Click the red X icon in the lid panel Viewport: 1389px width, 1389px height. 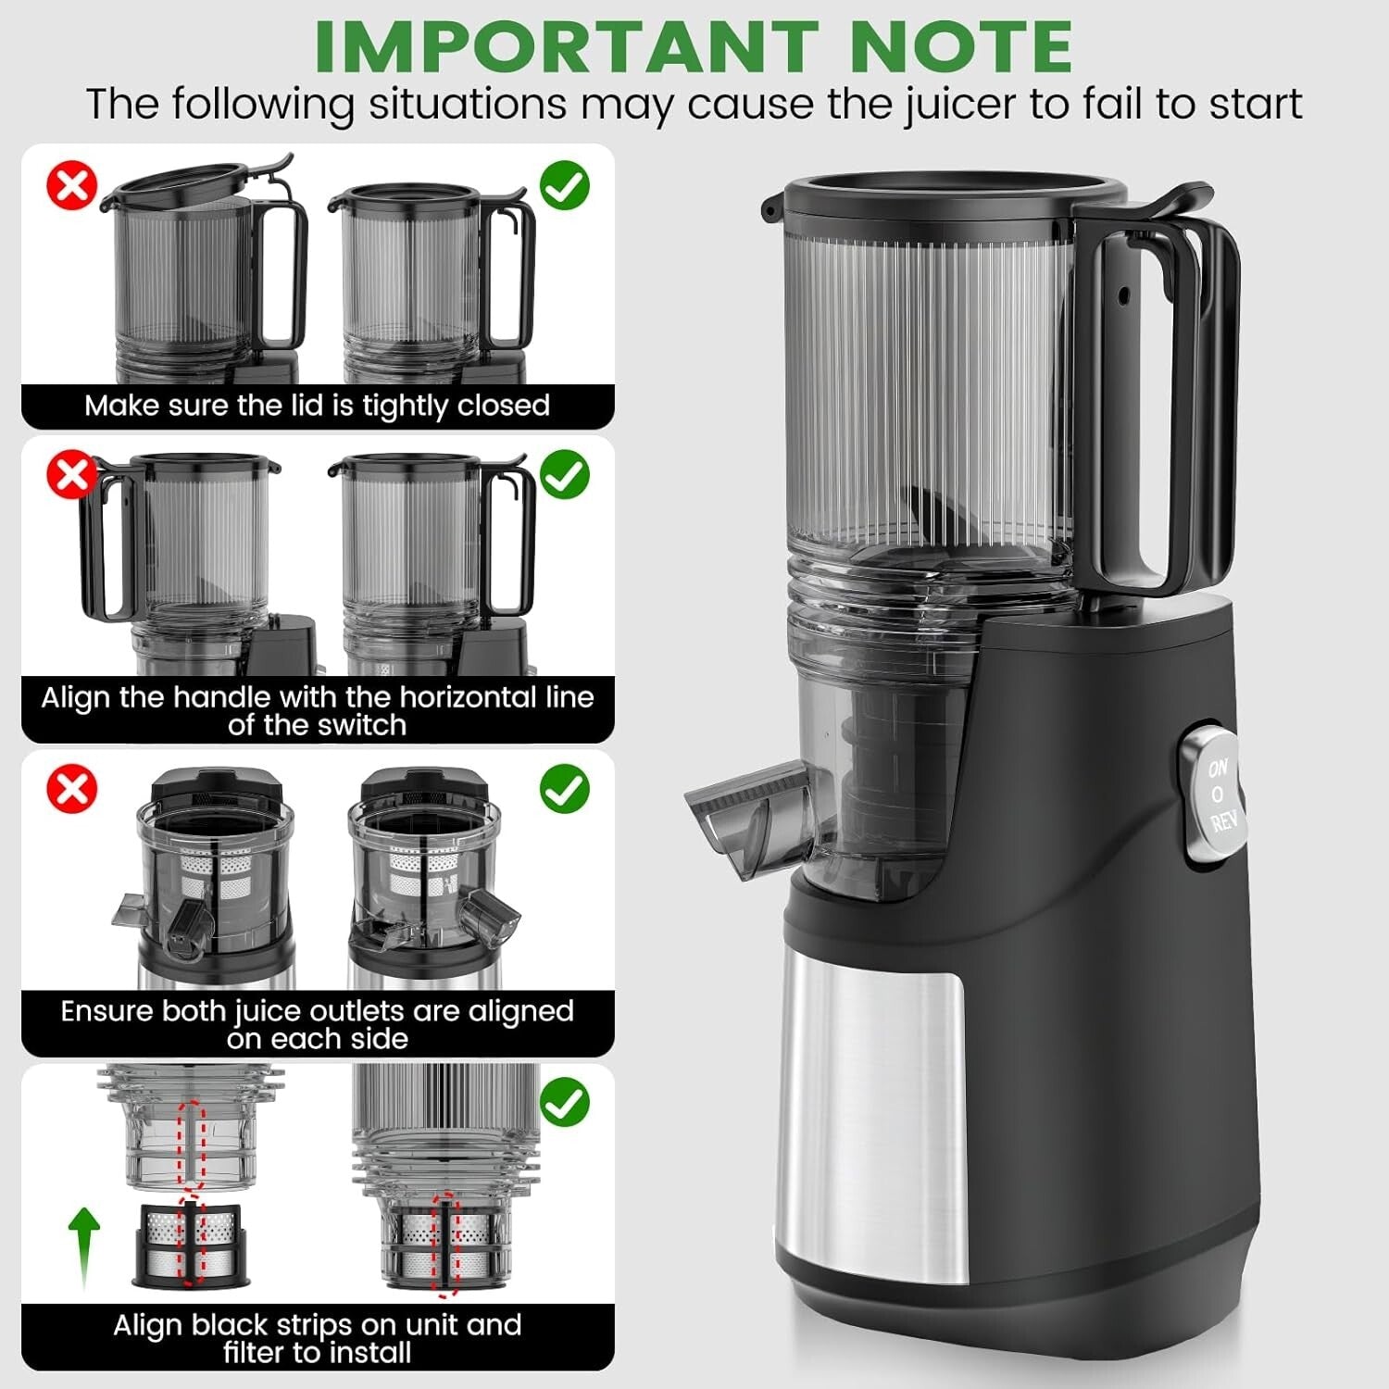coord(71,186)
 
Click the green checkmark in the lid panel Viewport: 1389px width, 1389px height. coord(564,186)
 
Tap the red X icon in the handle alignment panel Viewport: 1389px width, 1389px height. coord(71,475)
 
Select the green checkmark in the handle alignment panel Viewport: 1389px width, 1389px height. coord(564,475)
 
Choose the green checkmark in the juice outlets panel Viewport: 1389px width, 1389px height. coord(564,790)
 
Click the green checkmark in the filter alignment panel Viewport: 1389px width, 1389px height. coord(564,1103)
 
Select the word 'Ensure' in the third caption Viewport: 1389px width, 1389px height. coord(106,1011)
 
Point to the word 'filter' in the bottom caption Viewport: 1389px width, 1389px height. coord(255,1353)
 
